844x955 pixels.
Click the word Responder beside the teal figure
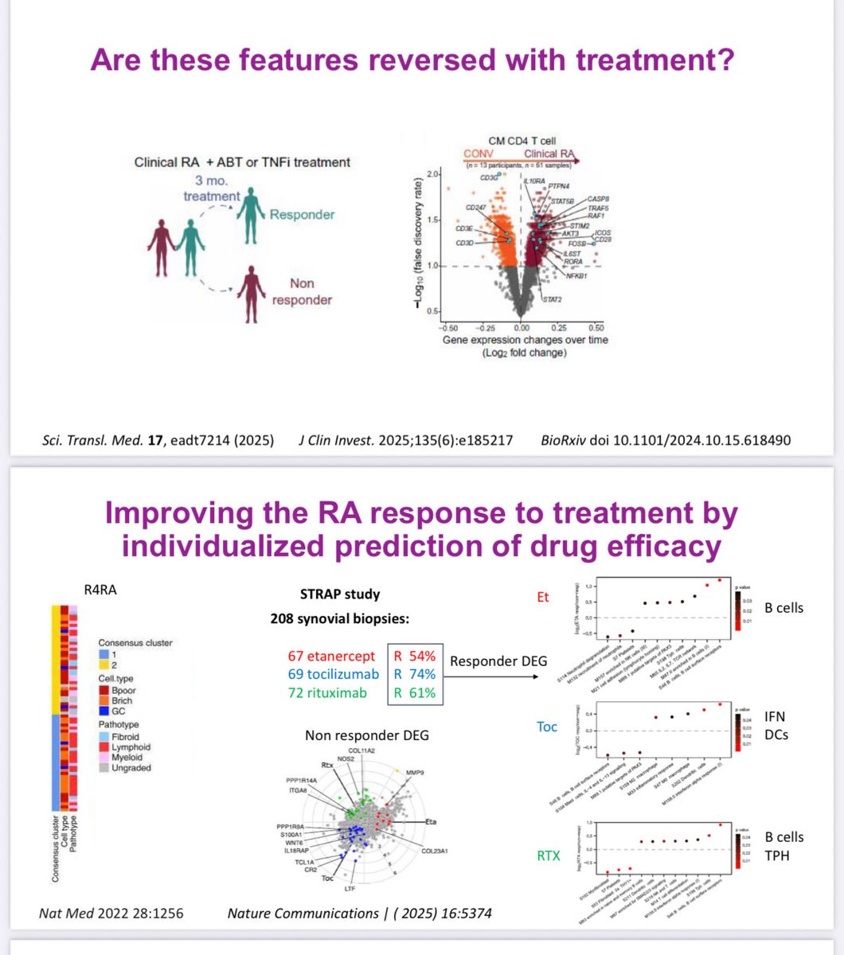302,215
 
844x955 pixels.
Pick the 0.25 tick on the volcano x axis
557,327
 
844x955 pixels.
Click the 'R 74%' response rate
414,674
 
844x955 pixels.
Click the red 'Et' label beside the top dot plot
543,596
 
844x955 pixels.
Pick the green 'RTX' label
547,856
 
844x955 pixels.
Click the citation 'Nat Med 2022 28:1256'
111,913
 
